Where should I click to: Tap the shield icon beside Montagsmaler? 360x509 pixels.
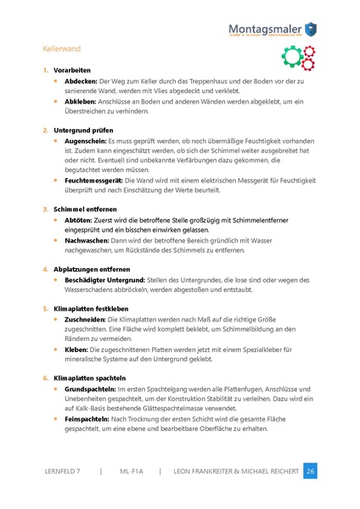pos(311,28)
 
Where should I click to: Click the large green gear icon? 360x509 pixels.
pos(290,57)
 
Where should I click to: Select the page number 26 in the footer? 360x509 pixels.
pos(310,471)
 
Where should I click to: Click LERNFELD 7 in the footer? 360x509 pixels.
pos(66,471)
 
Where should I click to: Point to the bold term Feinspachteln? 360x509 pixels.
pos(87,418)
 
